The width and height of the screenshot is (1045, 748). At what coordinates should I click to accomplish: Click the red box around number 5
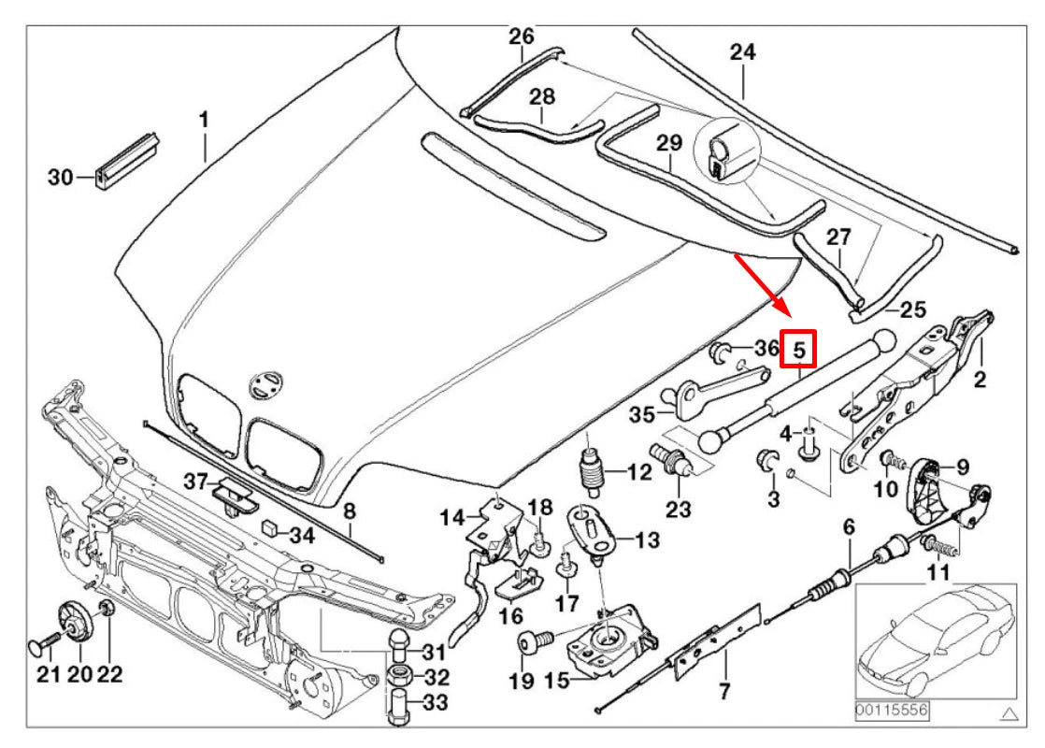coord(799,349)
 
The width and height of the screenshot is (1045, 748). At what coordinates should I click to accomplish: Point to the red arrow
coord(761,286)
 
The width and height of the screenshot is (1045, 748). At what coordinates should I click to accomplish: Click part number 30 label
coord(60,177)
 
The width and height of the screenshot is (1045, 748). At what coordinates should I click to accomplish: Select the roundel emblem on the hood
coord(264,384)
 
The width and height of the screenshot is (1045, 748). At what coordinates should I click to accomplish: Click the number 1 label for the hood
coord(204,120)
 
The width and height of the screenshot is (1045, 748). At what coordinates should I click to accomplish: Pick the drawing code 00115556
coord(892,712)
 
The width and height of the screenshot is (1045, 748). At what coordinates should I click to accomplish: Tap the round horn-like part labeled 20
coord(72,622)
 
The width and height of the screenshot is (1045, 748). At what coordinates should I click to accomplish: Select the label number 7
coord(724,692)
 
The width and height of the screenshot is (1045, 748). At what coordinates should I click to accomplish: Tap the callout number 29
coord(669,144)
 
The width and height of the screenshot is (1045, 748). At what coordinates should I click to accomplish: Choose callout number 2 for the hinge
coord(980,380)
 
